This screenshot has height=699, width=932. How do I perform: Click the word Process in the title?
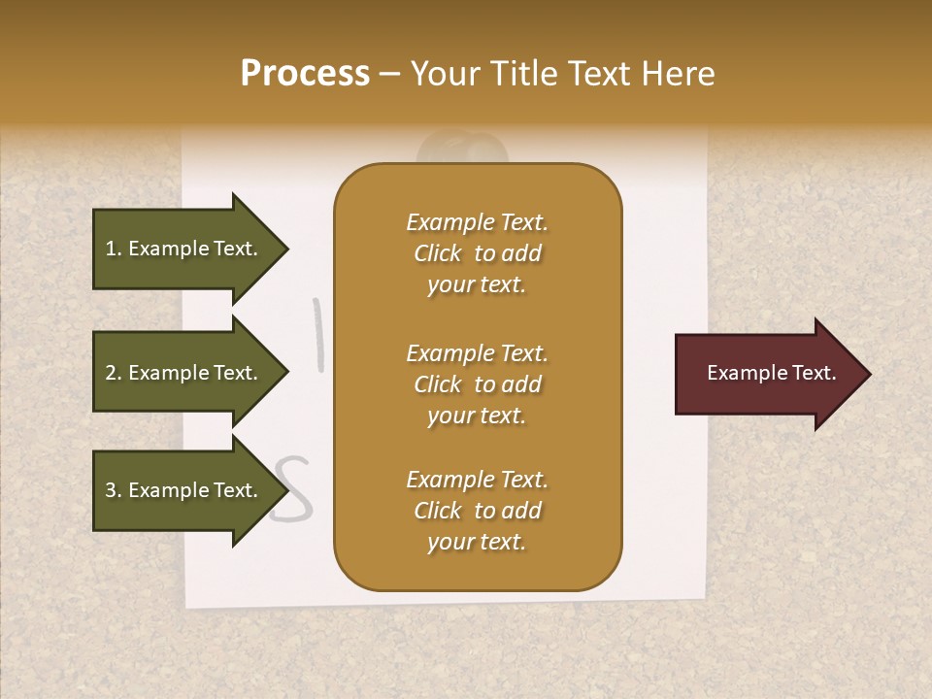coord(305,74)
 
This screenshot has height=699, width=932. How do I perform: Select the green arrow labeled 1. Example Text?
coord(184,249)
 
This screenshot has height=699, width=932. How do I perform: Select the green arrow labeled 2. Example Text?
coord(184,373)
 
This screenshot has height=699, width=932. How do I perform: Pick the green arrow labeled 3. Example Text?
coord(184,490)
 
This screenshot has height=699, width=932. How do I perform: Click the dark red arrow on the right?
coord(767,374)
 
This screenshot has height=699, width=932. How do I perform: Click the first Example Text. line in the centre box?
coord(477,222)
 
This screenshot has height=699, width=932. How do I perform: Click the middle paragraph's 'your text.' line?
coord(477,416)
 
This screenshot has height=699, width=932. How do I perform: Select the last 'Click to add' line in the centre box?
coord(477,511)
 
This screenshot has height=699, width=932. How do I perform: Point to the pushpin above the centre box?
coord(462,150)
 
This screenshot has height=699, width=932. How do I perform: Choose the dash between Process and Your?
coord(389,74)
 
